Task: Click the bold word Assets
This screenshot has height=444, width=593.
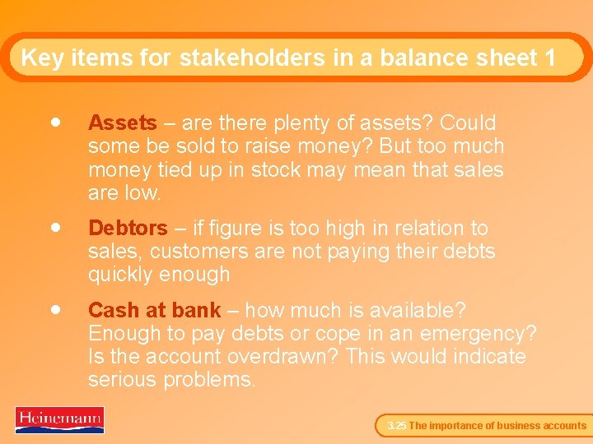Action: click(122, 123)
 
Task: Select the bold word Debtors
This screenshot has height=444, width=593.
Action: click(128, 228)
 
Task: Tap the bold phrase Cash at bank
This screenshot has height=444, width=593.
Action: click(154, 311)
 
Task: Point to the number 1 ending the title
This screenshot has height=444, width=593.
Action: click(549, 58)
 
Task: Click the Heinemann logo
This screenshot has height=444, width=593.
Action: click(59, 419)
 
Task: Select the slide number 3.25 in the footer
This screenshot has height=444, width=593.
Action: click(396, 426)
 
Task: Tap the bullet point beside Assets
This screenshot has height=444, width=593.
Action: click(54, 121)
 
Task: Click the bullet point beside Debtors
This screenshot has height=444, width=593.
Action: click(54, 225)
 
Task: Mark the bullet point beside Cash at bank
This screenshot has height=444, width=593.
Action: click(54, 308)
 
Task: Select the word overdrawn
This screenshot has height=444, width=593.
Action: click(283, 357)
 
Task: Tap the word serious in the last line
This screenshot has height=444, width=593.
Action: click(123, 380)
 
